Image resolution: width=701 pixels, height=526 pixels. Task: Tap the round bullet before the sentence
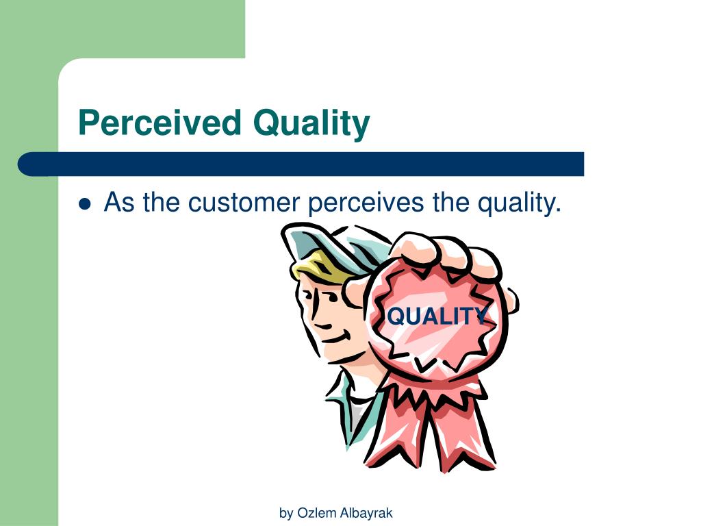point(85,203)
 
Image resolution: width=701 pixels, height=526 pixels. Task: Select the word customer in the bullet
point(244,203)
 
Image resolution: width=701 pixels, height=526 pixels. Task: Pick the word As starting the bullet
point(118,203)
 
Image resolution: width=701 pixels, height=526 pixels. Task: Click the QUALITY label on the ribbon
point(437,316)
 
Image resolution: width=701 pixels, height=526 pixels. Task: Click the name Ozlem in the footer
point(312,513)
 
